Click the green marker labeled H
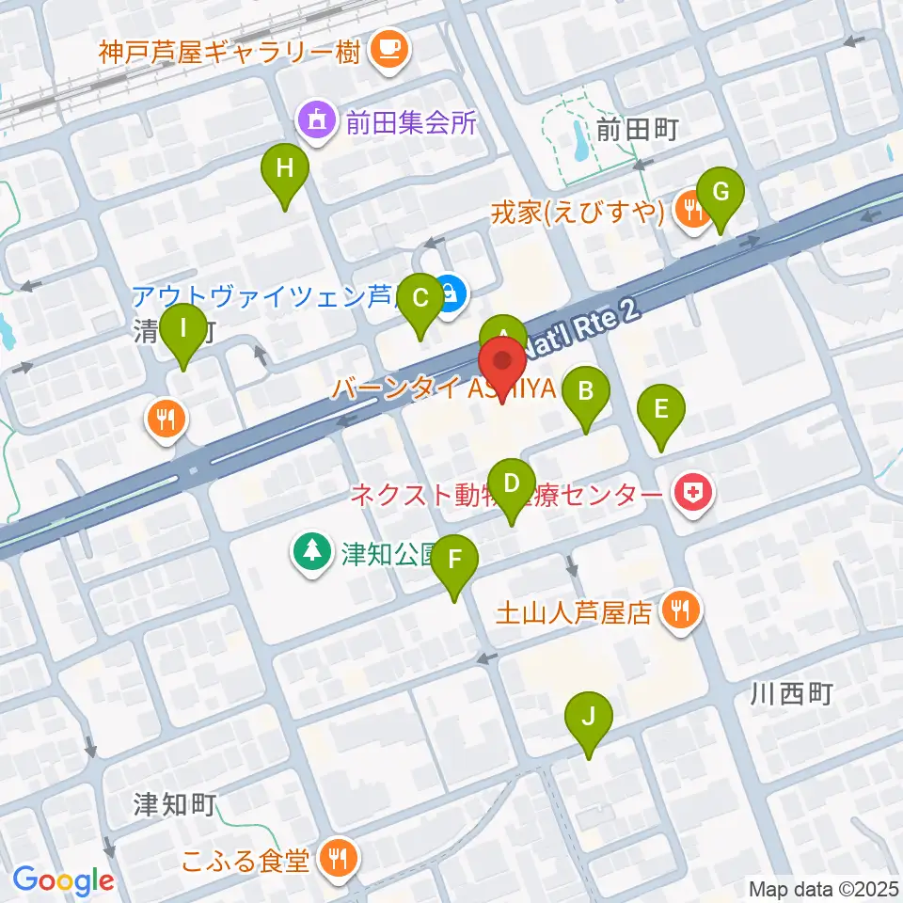pyautogui.click(x=286, y=171)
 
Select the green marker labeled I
pyautogui.click(x=183, y=331)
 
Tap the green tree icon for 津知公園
pyautogui.click(x=309, y=551)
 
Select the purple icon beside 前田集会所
pyautogui.click(x=315, y=122)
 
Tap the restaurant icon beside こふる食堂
pyautogui.click(x=337, y=858)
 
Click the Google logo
pyautogui.click(x=63, y=880)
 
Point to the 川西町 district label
pyautogui.click(x=792, y=695)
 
